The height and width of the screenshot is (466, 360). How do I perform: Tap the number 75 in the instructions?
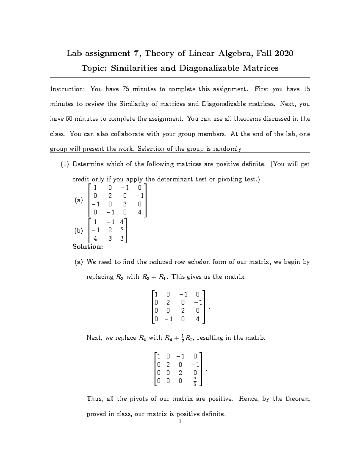pyautogui.click(x=126, y=89)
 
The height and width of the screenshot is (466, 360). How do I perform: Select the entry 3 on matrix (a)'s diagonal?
pyautogui.click(x=125, y=204)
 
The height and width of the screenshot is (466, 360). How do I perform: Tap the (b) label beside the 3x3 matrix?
pyautogui.click(x=79, y=230)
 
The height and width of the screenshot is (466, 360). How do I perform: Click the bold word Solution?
pyautogui.click(x=88, y=247)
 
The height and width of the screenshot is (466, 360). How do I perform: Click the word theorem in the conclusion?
pyautogui.click(x=297, y=399)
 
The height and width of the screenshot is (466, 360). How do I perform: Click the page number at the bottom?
pyautogui.click(x=179, y=422)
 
